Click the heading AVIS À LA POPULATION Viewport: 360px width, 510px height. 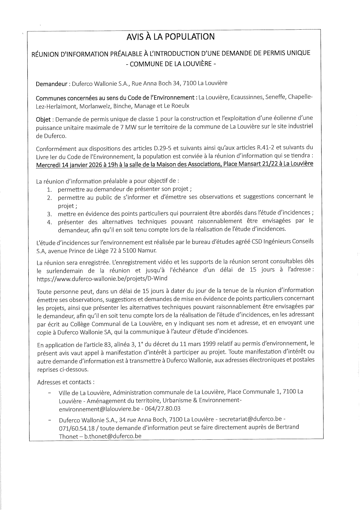point(170,37)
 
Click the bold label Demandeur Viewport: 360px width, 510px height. point(51,84)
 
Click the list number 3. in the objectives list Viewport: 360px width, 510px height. point(49,214)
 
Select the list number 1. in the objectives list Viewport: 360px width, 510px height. point(49,190)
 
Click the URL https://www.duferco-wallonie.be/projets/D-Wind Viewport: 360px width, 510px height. point(102,278)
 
